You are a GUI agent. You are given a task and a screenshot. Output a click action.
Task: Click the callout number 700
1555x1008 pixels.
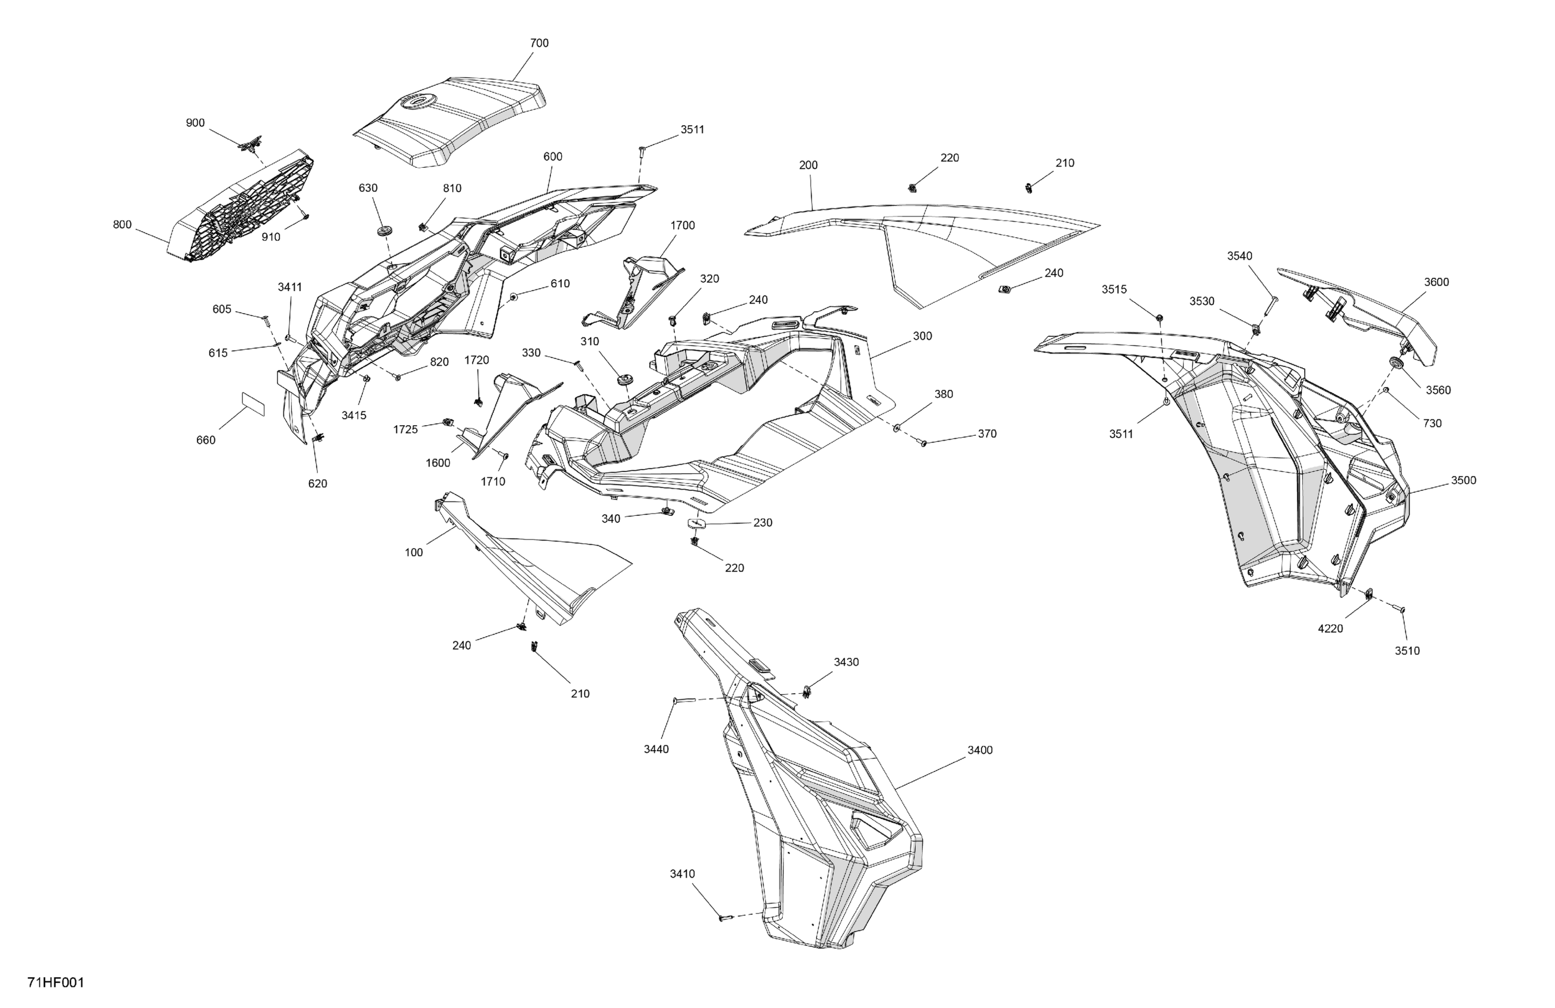pyautogui.click(x=539, y=43)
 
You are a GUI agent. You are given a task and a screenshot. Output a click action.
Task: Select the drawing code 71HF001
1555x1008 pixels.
pyautogui.click(x=56, y=983)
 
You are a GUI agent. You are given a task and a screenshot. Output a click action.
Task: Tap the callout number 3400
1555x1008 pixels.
pyautogui.click(x=980, y=750)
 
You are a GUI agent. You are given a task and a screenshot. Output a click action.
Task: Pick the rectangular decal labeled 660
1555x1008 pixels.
pyautogui.click(x=253, y=404)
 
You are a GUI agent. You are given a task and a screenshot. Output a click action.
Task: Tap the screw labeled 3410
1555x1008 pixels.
pyautogui.click(x=724, y=918)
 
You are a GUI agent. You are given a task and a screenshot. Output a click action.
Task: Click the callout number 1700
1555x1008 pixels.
pyautogui.click(x=682, y=225)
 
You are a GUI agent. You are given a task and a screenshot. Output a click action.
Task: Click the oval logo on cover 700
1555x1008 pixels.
pyautogui.click(x=418, y=101)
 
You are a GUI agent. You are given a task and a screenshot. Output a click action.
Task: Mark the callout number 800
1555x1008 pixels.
pyautogui.click(x=122, y=225)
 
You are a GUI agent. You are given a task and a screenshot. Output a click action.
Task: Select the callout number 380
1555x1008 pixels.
pyautogui.click(x=944, y=394)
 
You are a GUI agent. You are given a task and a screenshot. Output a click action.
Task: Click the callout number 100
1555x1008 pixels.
pyautogui.click(x=413, y=553)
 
